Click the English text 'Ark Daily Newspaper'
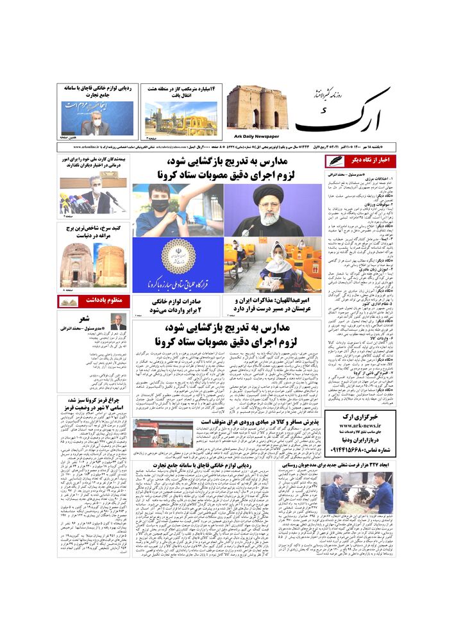click(253, 136)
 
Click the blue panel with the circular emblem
click(178, 265)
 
